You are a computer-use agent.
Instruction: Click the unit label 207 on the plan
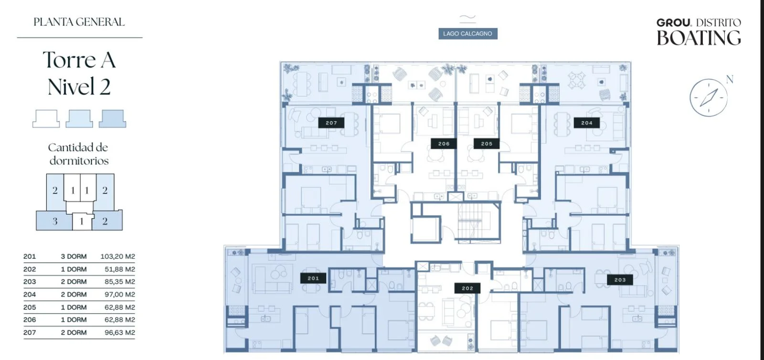(331, 123)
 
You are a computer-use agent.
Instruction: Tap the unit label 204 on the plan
(587, 123)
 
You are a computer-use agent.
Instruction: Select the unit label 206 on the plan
(444, 144)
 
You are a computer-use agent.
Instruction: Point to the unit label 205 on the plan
(487, 144)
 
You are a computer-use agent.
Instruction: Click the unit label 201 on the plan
(313, 278)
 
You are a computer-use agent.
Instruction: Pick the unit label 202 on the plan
(467, 288)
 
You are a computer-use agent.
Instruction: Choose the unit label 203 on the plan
(620, 279)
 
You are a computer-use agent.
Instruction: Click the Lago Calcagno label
(467, 33)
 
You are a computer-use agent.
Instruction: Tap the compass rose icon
(709, 97)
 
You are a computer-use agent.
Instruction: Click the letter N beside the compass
(730, 79)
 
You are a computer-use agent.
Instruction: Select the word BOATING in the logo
(699, 38)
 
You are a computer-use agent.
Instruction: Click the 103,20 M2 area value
(117, 256)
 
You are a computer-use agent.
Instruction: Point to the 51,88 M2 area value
(120, 269)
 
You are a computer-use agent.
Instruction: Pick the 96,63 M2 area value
(120, 332)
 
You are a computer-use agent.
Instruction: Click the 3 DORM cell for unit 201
(74, 256)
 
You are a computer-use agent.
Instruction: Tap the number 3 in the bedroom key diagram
(55, 221)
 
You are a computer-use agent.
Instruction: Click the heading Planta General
(79, 22)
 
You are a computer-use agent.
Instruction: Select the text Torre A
(79, 60)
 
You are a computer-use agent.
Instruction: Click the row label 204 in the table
(29, 294)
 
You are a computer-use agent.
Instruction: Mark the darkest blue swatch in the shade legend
(112, 118)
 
